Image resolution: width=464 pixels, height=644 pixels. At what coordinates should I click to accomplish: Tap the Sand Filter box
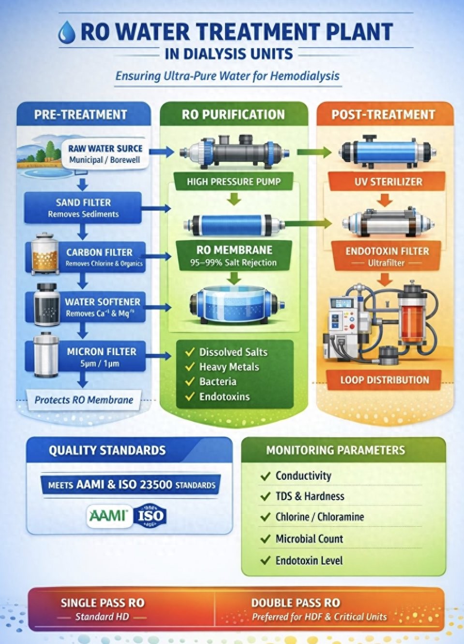[83, 208]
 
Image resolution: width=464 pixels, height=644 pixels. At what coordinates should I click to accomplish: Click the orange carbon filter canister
[45, 254]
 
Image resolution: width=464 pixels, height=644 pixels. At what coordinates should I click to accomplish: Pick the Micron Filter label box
[102, 357]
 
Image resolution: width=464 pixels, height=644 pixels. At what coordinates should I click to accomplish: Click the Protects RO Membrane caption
[84, 400]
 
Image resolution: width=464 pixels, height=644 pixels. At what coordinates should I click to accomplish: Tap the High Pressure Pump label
[234, 182]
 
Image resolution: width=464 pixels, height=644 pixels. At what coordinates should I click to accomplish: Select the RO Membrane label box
[234, 256]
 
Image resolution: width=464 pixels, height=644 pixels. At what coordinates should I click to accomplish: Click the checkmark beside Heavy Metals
[190, 367]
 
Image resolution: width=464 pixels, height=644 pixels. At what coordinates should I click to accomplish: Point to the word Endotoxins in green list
[225, 397]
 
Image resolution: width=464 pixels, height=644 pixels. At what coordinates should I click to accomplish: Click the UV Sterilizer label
[388, 182]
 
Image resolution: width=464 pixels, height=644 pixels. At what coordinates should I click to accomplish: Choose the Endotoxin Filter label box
[387, 257]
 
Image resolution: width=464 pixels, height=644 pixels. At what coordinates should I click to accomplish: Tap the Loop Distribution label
[384, 380]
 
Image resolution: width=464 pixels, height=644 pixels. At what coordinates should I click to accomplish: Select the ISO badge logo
[150, 515]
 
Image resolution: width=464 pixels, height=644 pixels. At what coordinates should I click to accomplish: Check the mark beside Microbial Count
[265, 539]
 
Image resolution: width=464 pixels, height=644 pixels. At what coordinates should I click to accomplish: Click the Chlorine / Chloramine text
[320, 517]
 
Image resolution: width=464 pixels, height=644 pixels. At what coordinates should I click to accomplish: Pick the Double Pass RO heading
[296, 603]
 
